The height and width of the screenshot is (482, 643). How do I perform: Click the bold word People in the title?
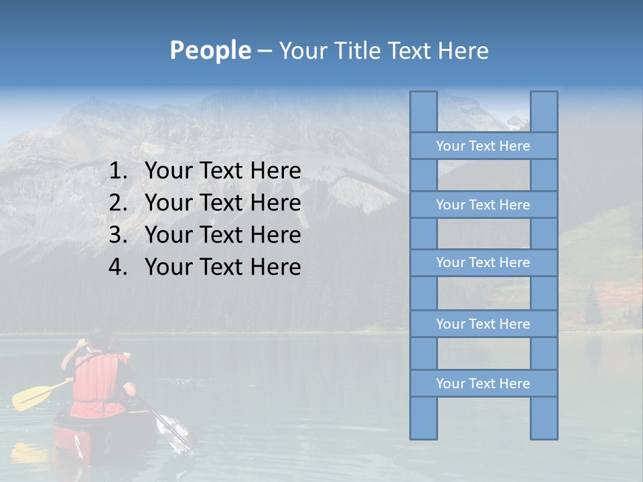coord(210,50)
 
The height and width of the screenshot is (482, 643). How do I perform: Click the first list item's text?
coord(222,171)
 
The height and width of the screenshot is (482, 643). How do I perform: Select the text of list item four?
coord(222,267)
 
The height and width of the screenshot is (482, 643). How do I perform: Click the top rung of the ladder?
coord(483,146)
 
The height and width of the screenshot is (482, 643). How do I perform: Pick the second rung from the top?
coord(483,205)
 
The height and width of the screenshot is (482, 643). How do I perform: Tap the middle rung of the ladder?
coord(483,262)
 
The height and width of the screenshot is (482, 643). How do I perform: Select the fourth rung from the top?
coord(483,324)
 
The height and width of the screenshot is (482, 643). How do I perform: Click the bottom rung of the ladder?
coord(483,384)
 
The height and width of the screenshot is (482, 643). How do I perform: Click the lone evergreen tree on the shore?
coord(592,308)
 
